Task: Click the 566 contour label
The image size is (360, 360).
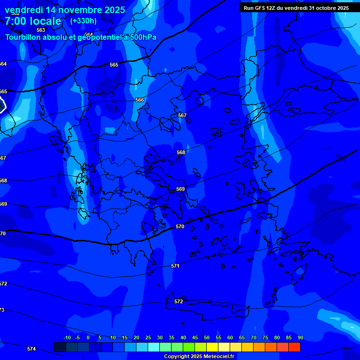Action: (x=140, y=100)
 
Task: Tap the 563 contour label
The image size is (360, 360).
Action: (x=41, y=30)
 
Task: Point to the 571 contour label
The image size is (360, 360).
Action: (x=175, y=266)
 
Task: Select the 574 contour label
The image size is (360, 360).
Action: (x=31, y=349)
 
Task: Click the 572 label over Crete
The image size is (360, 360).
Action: (x=179, y=301)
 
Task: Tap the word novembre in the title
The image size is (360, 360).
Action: (x=79, y=10)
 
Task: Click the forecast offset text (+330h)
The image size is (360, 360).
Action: (x=83, y=21)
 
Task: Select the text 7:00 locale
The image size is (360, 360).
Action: (x=33, y=21)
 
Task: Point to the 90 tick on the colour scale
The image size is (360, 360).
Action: (x=300, y=337)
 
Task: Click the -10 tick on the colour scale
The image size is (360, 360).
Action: (x=67, y=337)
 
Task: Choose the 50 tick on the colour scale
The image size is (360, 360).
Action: (x=207, y=337)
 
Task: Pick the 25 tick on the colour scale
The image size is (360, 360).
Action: (x=148, y=337)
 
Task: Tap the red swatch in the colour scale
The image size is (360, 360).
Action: (x=294, y=347)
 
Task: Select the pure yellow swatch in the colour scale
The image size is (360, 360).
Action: (x=212, y=347)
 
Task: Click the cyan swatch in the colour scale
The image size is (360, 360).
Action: (x=154, y=347)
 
